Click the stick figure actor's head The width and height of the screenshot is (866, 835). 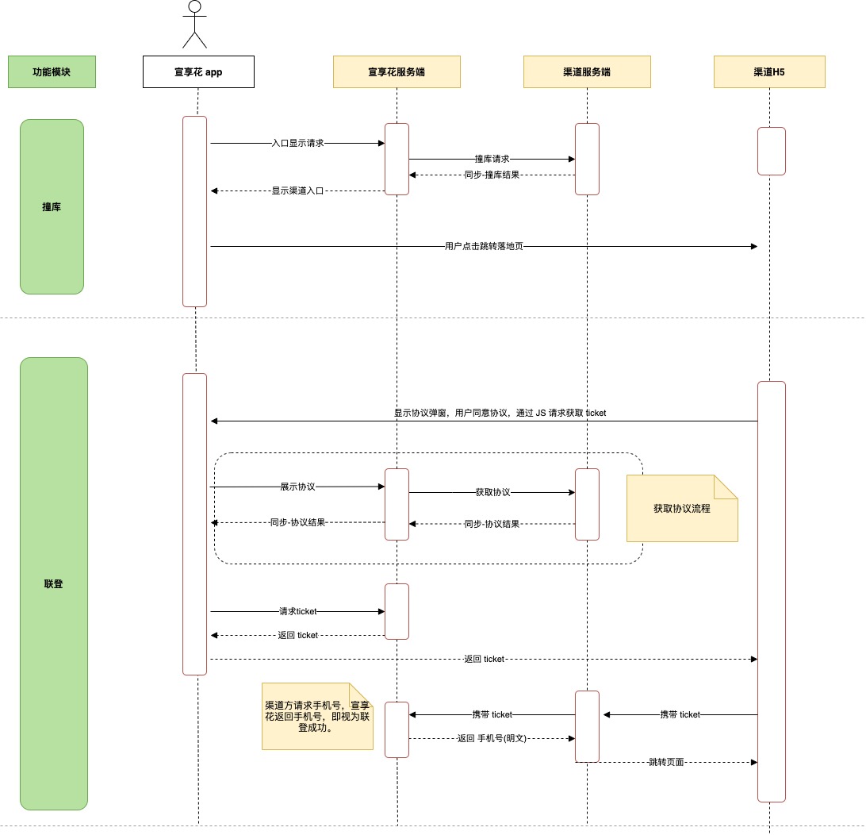194,6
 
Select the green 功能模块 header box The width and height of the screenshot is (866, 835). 52,72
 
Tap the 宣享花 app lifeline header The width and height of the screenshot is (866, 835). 198,72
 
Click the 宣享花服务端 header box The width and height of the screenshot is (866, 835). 397,72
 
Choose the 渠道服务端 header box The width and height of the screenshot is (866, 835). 587,72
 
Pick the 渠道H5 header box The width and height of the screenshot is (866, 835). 769,72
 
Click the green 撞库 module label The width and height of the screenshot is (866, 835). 52,206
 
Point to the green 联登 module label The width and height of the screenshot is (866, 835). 54,583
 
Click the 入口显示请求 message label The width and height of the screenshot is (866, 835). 297,143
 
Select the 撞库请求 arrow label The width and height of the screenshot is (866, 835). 492,160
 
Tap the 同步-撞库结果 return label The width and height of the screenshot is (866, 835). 492,175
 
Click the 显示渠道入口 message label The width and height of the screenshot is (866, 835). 297,190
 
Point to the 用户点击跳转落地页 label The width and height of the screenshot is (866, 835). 484,247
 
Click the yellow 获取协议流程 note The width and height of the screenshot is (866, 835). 682,509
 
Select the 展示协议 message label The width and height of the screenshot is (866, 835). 297,487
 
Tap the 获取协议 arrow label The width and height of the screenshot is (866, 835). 492,492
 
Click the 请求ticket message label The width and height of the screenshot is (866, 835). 297,611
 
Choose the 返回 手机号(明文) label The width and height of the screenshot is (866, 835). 492,738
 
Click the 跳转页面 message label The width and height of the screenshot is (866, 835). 666,762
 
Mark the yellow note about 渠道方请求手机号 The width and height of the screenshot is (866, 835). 317,717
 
